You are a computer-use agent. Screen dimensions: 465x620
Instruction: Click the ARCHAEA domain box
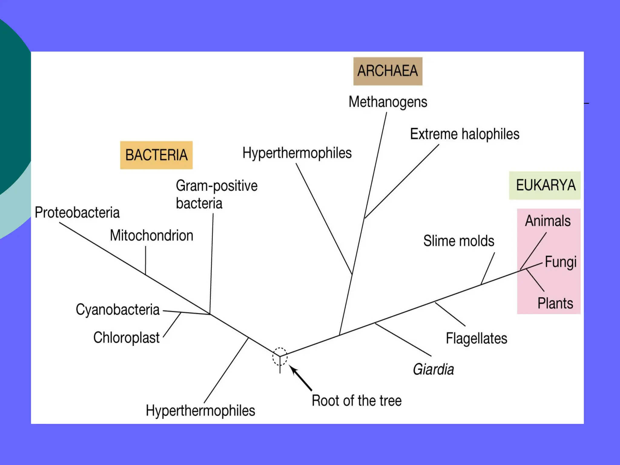tap(387, 71)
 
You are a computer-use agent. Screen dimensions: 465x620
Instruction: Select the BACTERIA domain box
tap(156, 155)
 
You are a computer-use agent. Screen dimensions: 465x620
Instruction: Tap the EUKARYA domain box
tap(545, 185)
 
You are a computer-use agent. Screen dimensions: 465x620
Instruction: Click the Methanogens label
tap(388, 102)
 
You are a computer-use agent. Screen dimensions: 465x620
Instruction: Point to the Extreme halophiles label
tap(464, 134)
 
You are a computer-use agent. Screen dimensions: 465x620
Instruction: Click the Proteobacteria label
tap(77, 213)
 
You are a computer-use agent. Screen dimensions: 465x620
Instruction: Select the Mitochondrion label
tap(151, 236)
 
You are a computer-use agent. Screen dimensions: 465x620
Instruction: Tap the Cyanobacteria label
tap(117, 310)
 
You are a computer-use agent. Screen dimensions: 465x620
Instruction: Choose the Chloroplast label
tap(126, 338)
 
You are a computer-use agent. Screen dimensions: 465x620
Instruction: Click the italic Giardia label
tap(433, 369)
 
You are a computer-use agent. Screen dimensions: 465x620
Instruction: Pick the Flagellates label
tap(476, 338)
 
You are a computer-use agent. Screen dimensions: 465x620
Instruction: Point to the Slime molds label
tap(459, 241)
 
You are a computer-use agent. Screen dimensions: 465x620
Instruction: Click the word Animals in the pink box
tap(548, 221)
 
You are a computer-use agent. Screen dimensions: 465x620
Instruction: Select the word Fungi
tap(560, 262)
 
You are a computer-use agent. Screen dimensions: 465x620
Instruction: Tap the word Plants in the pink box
tap(555, 303)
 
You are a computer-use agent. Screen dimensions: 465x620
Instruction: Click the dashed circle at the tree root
tap(280, 356)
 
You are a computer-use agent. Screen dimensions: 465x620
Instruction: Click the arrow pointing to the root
tap(301, 378)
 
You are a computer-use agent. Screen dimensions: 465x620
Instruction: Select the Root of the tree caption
tap(357, 401)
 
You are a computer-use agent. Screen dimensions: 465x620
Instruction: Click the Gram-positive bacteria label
tap(216, 194)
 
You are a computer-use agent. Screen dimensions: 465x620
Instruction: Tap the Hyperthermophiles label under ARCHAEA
tap(297, 153)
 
